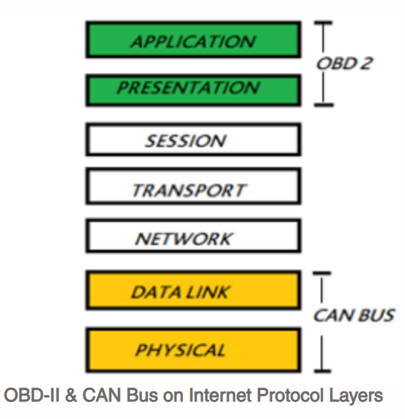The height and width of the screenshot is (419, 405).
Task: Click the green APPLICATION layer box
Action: coord(192,41)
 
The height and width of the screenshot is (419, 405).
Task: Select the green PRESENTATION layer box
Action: coord(192,90)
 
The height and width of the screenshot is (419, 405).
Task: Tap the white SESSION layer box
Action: coord(192,140)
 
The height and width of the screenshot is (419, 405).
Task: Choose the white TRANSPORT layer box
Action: coord(192,189)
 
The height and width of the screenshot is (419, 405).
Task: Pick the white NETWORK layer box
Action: coord(192,239)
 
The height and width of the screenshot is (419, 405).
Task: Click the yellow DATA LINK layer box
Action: coord(192,292)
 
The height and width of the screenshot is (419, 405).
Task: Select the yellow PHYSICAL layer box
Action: coord(192,350)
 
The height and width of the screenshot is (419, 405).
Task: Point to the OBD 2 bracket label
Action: coord(345,64)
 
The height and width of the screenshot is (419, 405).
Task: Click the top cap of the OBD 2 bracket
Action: coord(327,25)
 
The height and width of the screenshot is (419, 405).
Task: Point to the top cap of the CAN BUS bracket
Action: coord(326,273)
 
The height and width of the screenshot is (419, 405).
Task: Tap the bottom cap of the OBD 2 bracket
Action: coord(327,105)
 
